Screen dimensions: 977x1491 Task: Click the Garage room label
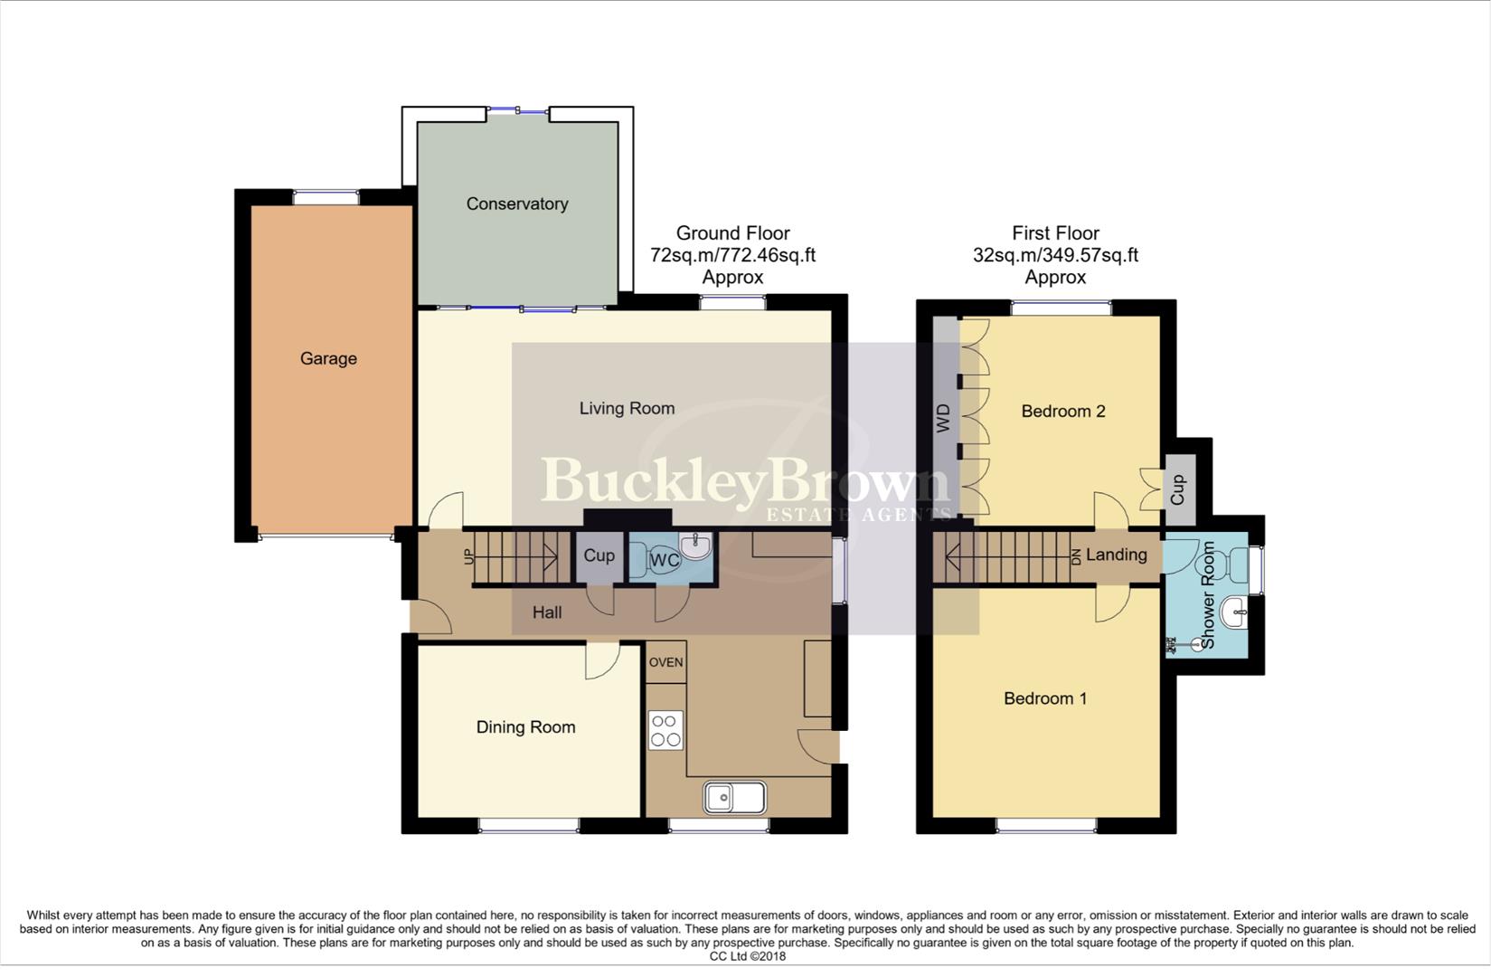[x=328, y=358]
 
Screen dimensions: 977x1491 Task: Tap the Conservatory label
[x=517, y=204]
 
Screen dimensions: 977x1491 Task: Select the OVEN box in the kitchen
[x=666, y=662]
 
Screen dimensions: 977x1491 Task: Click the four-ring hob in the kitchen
[x=665, y=731]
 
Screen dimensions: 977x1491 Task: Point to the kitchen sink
[x=734, y=798]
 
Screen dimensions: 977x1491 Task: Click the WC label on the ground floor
[x=665, y=561]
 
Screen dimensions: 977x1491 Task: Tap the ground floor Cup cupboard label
[x=599, y=555]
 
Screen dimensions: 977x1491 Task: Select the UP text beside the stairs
[x=468, y=556]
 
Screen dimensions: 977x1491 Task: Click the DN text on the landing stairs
[x=1076, y=557]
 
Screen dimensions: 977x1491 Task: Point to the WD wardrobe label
[x=944, y=418]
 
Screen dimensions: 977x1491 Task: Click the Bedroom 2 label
[x=1063, y=411]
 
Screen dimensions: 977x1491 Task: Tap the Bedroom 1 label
[x=1045, y=698]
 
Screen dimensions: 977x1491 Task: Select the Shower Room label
[x=1208, y=594]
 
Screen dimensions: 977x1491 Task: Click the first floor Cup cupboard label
[x=1177, y=491]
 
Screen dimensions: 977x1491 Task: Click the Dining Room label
[x=525, y=726]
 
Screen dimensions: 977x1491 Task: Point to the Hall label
[x=547, y=612]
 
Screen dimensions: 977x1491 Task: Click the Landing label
[x=1117, y=555]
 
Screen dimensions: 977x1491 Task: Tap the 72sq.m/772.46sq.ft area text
[x=732, y=255]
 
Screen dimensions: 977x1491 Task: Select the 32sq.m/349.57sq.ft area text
[x=1055, y=255]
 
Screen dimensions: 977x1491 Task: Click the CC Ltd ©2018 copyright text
[x=747, y=956]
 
